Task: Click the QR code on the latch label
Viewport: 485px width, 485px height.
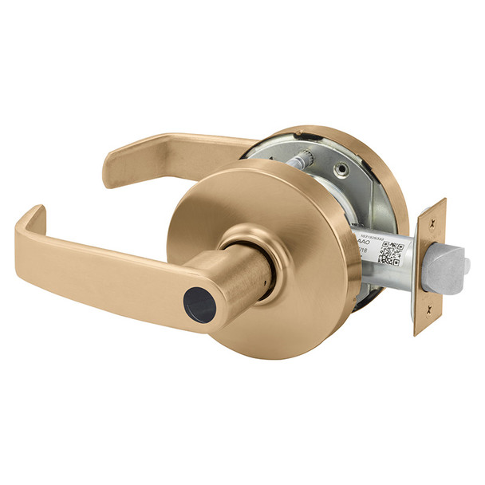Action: [388, 248]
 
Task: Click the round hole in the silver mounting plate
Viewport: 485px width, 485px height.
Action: [341, 169]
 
